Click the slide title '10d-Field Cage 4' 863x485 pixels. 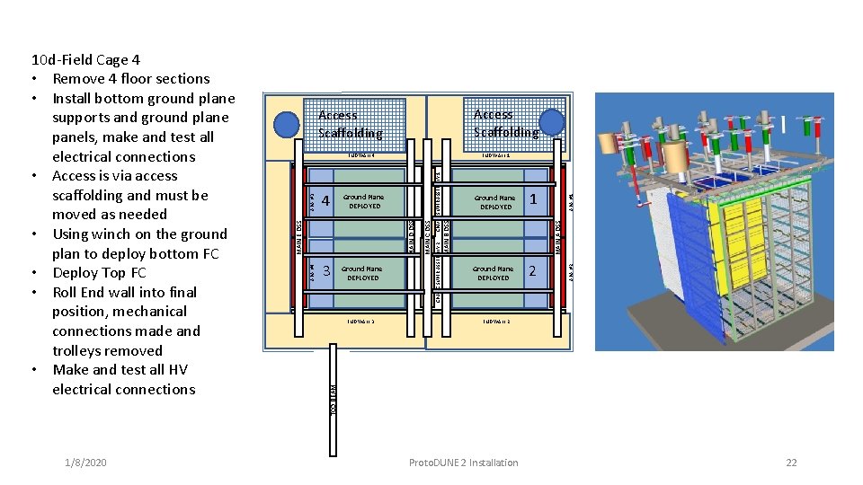point(85,60)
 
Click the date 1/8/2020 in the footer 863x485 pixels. point(85,463)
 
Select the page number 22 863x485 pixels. point(791,463)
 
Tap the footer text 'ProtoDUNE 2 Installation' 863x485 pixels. point(463,463)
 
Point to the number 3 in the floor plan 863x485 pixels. point(326,271)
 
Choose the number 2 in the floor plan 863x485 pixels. point(533,271)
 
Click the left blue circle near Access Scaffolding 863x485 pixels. point(288,124)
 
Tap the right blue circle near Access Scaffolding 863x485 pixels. point(552,122)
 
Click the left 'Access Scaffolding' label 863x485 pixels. point(350,124)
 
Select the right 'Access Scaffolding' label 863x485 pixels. point(505,123)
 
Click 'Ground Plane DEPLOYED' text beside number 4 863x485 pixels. point(364,201)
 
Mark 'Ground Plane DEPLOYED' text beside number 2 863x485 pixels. point(494,273)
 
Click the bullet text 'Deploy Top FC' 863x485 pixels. point(99,273)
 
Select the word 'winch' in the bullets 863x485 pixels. point(112,234)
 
